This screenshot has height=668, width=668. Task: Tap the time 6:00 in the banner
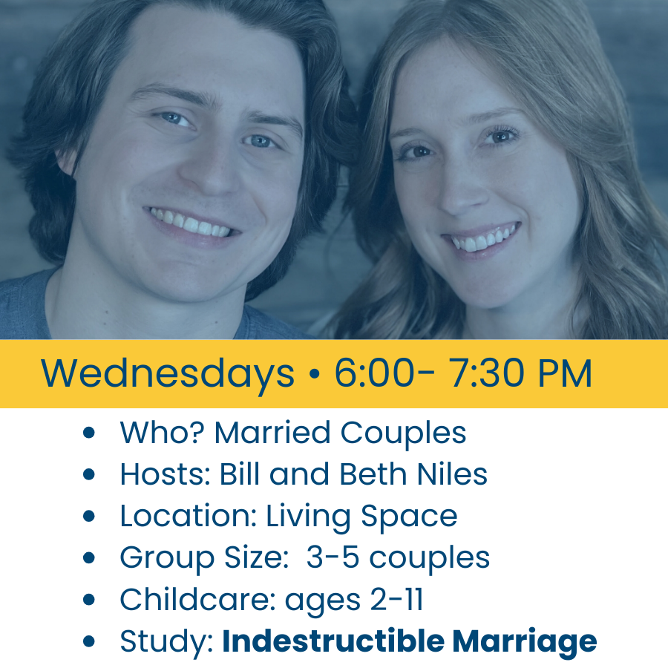(x=374, y=373)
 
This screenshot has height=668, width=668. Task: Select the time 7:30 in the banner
(x=488, y=373)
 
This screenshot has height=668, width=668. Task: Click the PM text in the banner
(x=566, y=373)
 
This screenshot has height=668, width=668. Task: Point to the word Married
(x=272, y=433)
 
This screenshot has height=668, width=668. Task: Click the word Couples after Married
(x=403, y=433)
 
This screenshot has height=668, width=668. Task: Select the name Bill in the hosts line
(x=239, y=474)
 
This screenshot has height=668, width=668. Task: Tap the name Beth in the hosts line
(x=373, y=474)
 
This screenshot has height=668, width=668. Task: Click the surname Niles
(x=452, y=474)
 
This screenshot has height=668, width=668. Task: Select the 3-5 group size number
(x=333, y=557)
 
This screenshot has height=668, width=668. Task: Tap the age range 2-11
(x=396, y=599)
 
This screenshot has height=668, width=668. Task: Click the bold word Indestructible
(x=333, y=641)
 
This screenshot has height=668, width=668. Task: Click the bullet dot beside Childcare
(x=88, y=600)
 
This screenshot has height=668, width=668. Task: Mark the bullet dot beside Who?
(x=88, y=433)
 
